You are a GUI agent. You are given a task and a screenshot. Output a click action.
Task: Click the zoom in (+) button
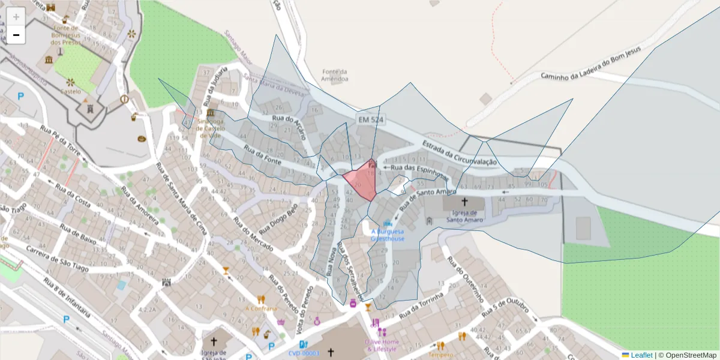click(16, 16)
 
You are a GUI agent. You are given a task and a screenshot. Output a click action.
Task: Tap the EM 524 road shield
click(370, 120)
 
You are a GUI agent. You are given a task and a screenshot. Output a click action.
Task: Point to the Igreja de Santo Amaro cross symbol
click(464, 202)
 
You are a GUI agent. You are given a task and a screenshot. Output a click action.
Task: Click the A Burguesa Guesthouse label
click(387, 235)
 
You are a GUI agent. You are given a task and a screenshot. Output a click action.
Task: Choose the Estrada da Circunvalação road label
click(460, 154)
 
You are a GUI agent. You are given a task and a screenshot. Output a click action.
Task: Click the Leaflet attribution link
click(641, 355)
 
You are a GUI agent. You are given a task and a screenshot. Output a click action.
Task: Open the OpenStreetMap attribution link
click(687, 355)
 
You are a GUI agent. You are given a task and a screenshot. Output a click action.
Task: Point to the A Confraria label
click(261, 308)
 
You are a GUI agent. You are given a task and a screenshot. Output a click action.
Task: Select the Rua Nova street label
click(330, 263)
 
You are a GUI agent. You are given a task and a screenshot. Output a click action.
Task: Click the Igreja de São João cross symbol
click(214, 341)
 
